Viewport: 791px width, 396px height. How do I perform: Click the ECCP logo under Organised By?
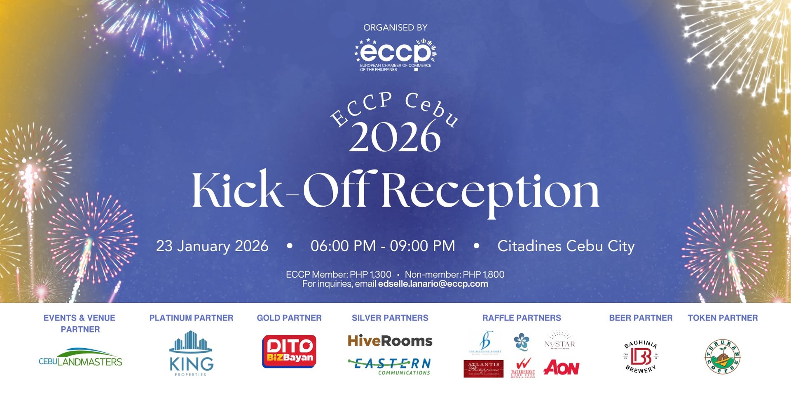coord(395,55)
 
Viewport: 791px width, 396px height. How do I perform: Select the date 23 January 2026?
coord(212,246)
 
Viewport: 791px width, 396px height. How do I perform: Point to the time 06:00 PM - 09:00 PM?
coord(383,246)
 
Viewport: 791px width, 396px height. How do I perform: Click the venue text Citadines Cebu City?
coord(566,246)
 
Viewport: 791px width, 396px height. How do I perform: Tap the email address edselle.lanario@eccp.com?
coord(433,284)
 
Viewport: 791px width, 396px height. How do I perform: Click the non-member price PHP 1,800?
coord(484,274)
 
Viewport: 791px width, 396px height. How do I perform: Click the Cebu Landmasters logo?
coord(80,358)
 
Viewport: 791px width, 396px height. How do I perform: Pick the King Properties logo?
coord(191,353)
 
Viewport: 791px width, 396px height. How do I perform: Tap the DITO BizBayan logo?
coord(289,351)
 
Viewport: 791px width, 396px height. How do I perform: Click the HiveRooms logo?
coord(390,341)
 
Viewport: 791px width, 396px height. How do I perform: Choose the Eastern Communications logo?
coord(390,365)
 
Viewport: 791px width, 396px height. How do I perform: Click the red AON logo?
coord(561,368)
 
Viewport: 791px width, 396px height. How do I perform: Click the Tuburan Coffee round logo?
coord(723,357)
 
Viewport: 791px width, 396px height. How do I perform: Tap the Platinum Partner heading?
coord(191,318)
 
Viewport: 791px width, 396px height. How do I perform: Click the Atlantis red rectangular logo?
coord(483,368)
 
